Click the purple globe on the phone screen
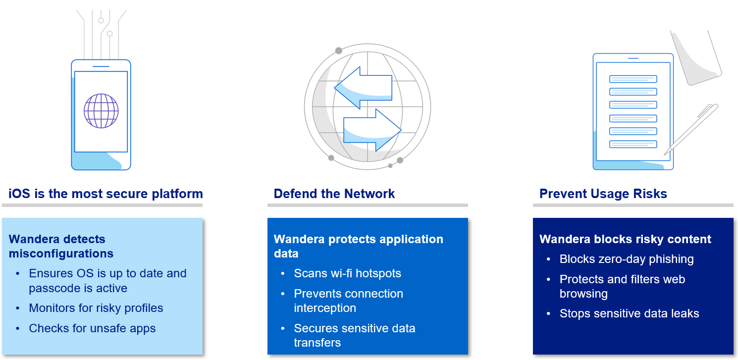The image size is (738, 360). click(101, 111)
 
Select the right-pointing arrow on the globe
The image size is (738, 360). click(371, 129)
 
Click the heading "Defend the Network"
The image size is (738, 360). click(334, 194)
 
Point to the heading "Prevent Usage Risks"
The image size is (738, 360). click(603, 194)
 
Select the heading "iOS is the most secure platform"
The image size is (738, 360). click(106, 194)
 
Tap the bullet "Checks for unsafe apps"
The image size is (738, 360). click(92, 328)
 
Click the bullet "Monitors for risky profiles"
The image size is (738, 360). click(96, 308)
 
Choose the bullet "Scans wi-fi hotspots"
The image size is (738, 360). click(347, 273)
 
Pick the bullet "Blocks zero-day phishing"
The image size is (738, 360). click(626, 259)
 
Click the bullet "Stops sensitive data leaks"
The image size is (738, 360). click(629, 313)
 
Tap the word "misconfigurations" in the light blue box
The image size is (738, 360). click(61, 254)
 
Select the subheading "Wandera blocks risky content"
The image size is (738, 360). click(625, 239)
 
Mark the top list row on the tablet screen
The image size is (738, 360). click(633, 79)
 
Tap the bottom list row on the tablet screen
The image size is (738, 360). click(633, 144)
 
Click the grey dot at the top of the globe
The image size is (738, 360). click(339, 51)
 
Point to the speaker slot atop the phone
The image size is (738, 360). click(101, 66)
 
